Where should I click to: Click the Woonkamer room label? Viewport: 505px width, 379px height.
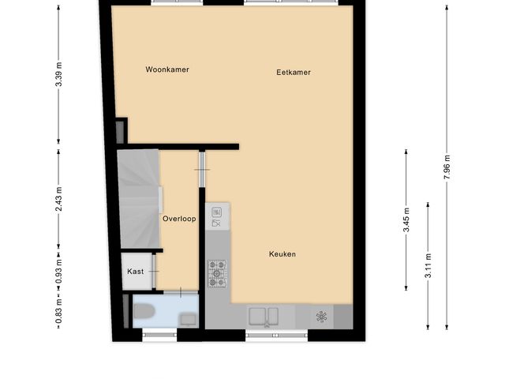click(167, 69)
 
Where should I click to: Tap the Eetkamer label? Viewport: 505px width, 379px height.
click(294, 73)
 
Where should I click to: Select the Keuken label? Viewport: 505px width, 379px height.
click(282, 254)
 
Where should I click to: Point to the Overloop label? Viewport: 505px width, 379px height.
click(179, 219)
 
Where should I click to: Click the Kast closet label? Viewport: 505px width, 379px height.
click(136, 272)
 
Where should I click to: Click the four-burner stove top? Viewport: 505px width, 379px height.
click(217, 273)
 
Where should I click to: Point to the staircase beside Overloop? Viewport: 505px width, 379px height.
click(139, 197)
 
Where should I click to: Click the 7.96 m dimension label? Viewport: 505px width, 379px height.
click(447, 167)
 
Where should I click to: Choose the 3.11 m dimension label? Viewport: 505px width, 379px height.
click(428, 265)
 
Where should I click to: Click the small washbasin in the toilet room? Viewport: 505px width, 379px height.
click(189, 318)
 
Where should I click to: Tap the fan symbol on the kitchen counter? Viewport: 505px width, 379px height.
click(321, 317)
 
